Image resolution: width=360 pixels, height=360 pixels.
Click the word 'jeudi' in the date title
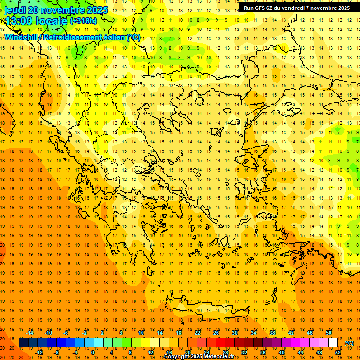coord(15,10)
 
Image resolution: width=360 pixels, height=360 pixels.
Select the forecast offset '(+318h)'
coord(83,21)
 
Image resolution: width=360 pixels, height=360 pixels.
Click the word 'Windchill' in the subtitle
coord(21,37)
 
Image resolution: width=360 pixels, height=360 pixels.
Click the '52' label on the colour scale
coord(337,352)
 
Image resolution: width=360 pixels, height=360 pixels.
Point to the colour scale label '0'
coord(92,352)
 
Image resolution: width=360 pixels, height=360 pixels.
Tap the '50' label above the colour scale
coord(328,333)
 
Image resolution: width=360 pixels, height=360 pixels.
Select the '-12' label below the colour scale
coord(39,352)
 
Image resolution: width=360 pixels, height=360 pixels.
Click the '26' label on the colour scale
coord(216,333)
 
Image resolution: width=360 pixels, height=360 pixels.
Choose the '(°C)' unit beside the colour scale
coord(349,343)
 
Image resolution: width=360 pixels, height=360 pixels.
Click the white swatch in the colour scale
coord(333,342)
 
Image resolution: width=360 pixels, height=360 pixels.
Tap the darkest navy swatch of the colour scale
coord(23,342)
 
